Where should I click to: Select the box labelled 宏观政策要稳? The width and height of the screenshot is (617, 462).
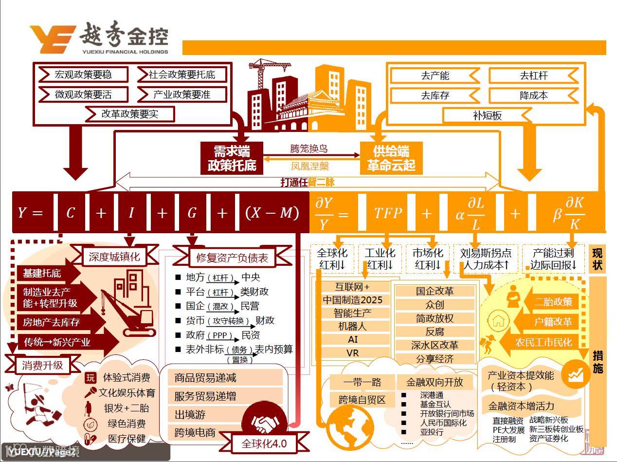click(x=83, y=74)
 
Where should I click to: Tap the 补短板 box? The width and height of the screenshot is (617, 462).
click(x=487, y=116)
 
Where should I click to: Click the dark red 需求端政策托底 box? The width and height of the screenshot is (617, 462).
click(x=232, y=158)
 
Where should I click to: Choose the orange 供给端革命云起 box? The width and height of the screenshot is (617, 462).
click(x=391, y=158)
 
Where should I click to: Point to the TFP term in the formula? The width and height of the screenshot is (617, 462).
click(x=388, y=213)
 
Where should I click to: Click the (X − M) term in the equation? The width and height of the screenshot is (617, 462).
click(x=272, y=213)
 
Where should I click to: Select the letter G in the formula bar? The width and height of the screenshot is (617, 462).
click(x=192, y=213)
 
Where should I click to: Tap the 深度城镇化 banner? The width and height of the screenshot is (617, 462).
click(x=114, y=257)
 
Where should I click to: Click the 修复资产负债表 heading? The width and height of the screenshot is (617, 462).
click(x=232, y=258)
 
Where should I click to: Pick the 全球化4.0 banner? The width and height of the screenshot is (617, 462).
click(x=264, y=444)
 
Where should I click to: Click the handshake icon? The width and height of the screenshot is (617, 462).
click(x=264, y=423)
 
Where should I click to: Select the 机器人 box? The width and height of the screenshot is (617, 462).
click(x=353, y=326)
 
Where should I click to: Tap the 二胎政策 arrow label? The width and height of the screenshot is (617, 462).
click(x=553, y=302)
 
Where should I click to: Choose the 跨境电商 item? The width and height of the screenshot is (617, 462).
click(x=195, y=432)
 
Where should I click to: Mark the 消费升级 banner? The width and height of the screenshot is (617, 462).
click(x=42, y=365)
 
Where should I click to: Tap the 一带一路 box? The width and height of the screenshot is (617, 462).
click(x=362, y=382)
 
